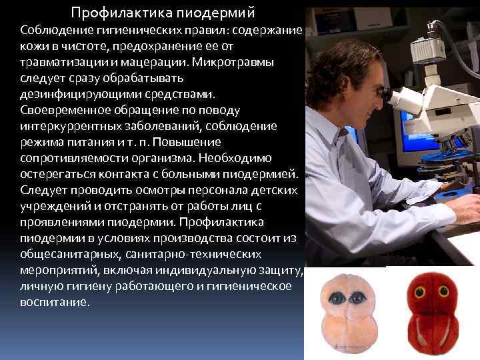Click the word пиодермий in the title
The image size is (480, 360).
[216, 13]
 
